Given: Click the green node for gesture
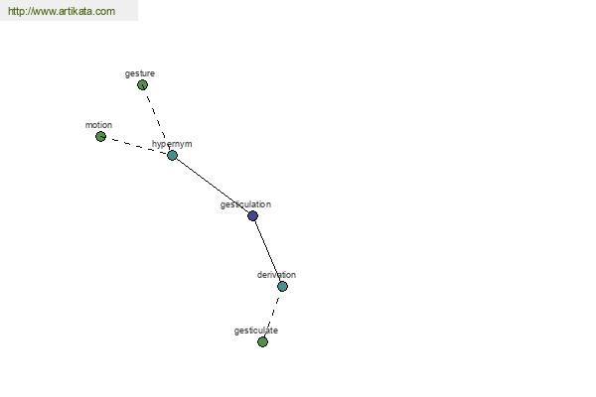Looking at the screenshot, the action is (142, 84).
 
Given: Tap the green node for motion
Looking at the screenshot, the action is (100, 136).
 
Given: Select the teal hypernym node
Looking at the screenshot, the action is (172, 155).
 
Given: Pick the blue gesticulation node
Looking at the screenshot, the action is (252, 215).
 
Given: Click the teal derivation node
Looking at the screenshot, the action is (282, 286).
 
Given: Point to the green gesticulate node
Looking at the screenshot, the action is (262, 341).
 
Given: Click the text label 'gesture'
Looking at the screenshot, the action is (140, 73).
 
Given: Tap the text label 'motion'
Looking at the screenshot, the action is (98, 125).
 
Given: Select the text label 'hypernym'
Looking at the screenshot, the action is (172, 144).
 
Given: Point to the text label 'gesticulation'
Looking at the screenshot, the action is (245, 204).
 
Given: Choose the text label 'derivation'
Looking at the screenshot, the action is (276, 275).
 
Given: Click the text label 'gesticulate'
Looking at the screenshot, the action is (256, 331).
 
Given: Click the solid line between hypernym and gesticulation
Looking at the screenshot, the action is (213, 186).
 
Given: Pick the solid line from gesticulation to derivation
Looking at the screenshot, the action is (267, 251).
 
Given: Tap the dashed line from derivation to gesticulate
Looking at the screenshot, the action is (272, 315).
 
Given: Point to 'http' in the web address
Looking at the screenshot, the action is (16, 11).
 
